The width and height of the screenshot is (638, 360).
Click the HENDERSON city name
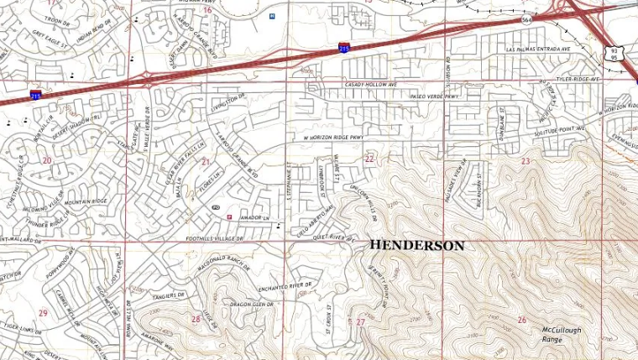tap(416, 246)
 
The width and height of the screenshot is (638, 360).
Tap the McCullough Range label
tap(561, 335)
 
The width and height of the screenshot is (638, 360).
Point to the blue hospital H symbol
tap(271, 16)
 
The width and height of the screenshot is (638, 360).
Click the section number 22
tap(369, 158)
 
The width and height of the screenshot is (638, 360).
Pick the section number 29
tap(43, 313)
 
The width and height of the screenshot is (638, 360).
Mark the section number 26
tap(521, 320)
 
